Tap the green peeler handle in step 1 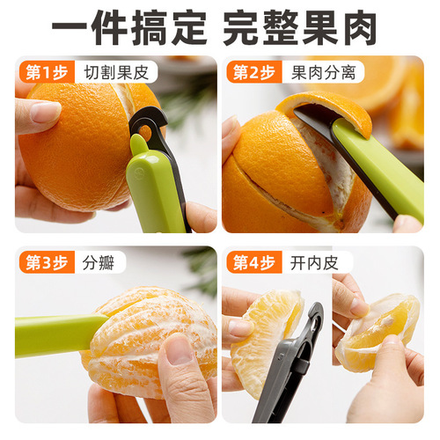point(154,189)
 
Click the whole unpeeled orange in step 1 point(75,145)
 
